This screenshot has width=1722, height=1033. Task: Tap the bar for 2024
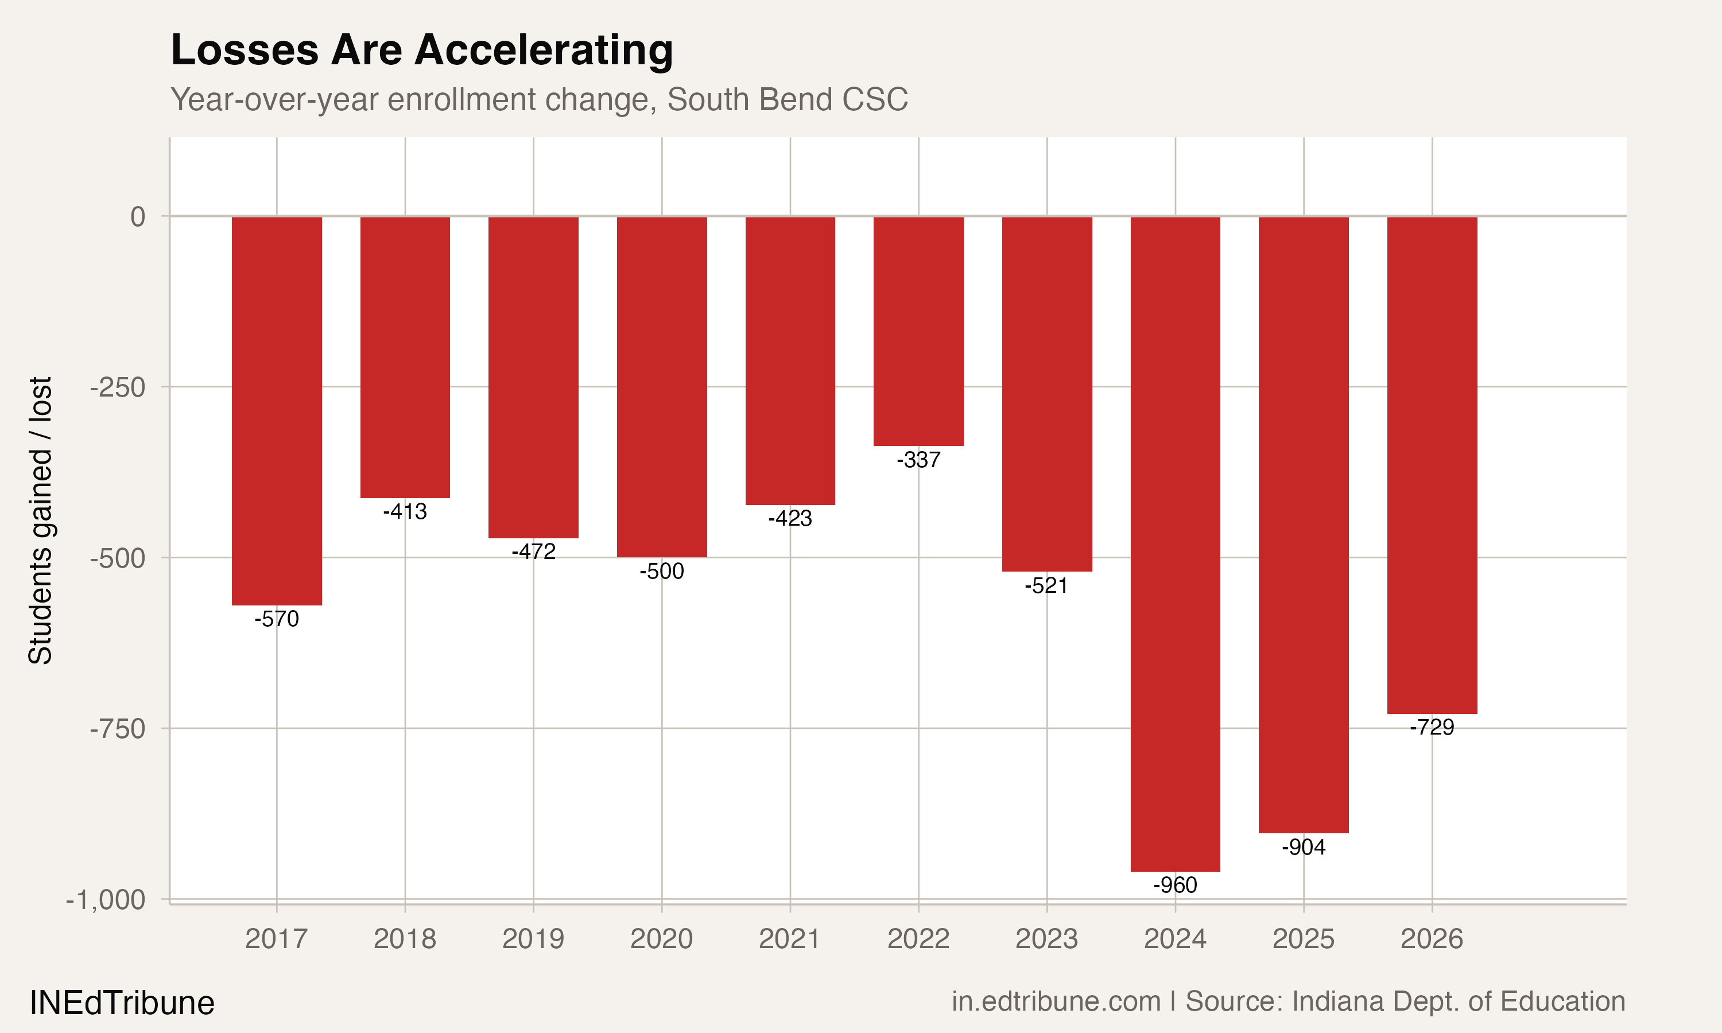coord(1175,543)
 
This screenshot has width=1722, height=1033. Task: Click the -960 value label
coord(1175,885)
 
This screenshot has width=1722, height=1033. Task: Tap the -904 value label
coord(1303,846)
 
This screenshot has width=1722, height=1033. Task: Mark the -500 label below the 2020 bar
coord(661,571)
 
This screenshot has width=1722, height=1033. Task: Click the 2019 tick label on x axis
coord(533,939)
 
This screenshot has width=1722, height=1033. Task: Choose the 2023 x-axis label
coord(1046,939)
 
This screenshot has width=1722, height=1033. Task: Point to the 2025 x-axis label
coord(1303,939)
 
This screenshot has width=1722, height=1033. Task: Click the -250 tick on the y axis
coord(118,387)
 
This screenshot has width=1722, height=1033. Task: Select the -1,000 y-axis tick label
coord(105,900)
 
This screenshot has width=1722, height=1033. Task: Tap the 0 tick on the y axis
coord(138,216)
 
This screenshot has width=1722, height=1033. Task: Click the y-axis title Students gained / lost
coord(40,520)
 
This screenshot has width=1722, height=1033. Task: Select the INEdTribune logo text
coord(122,1003)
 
